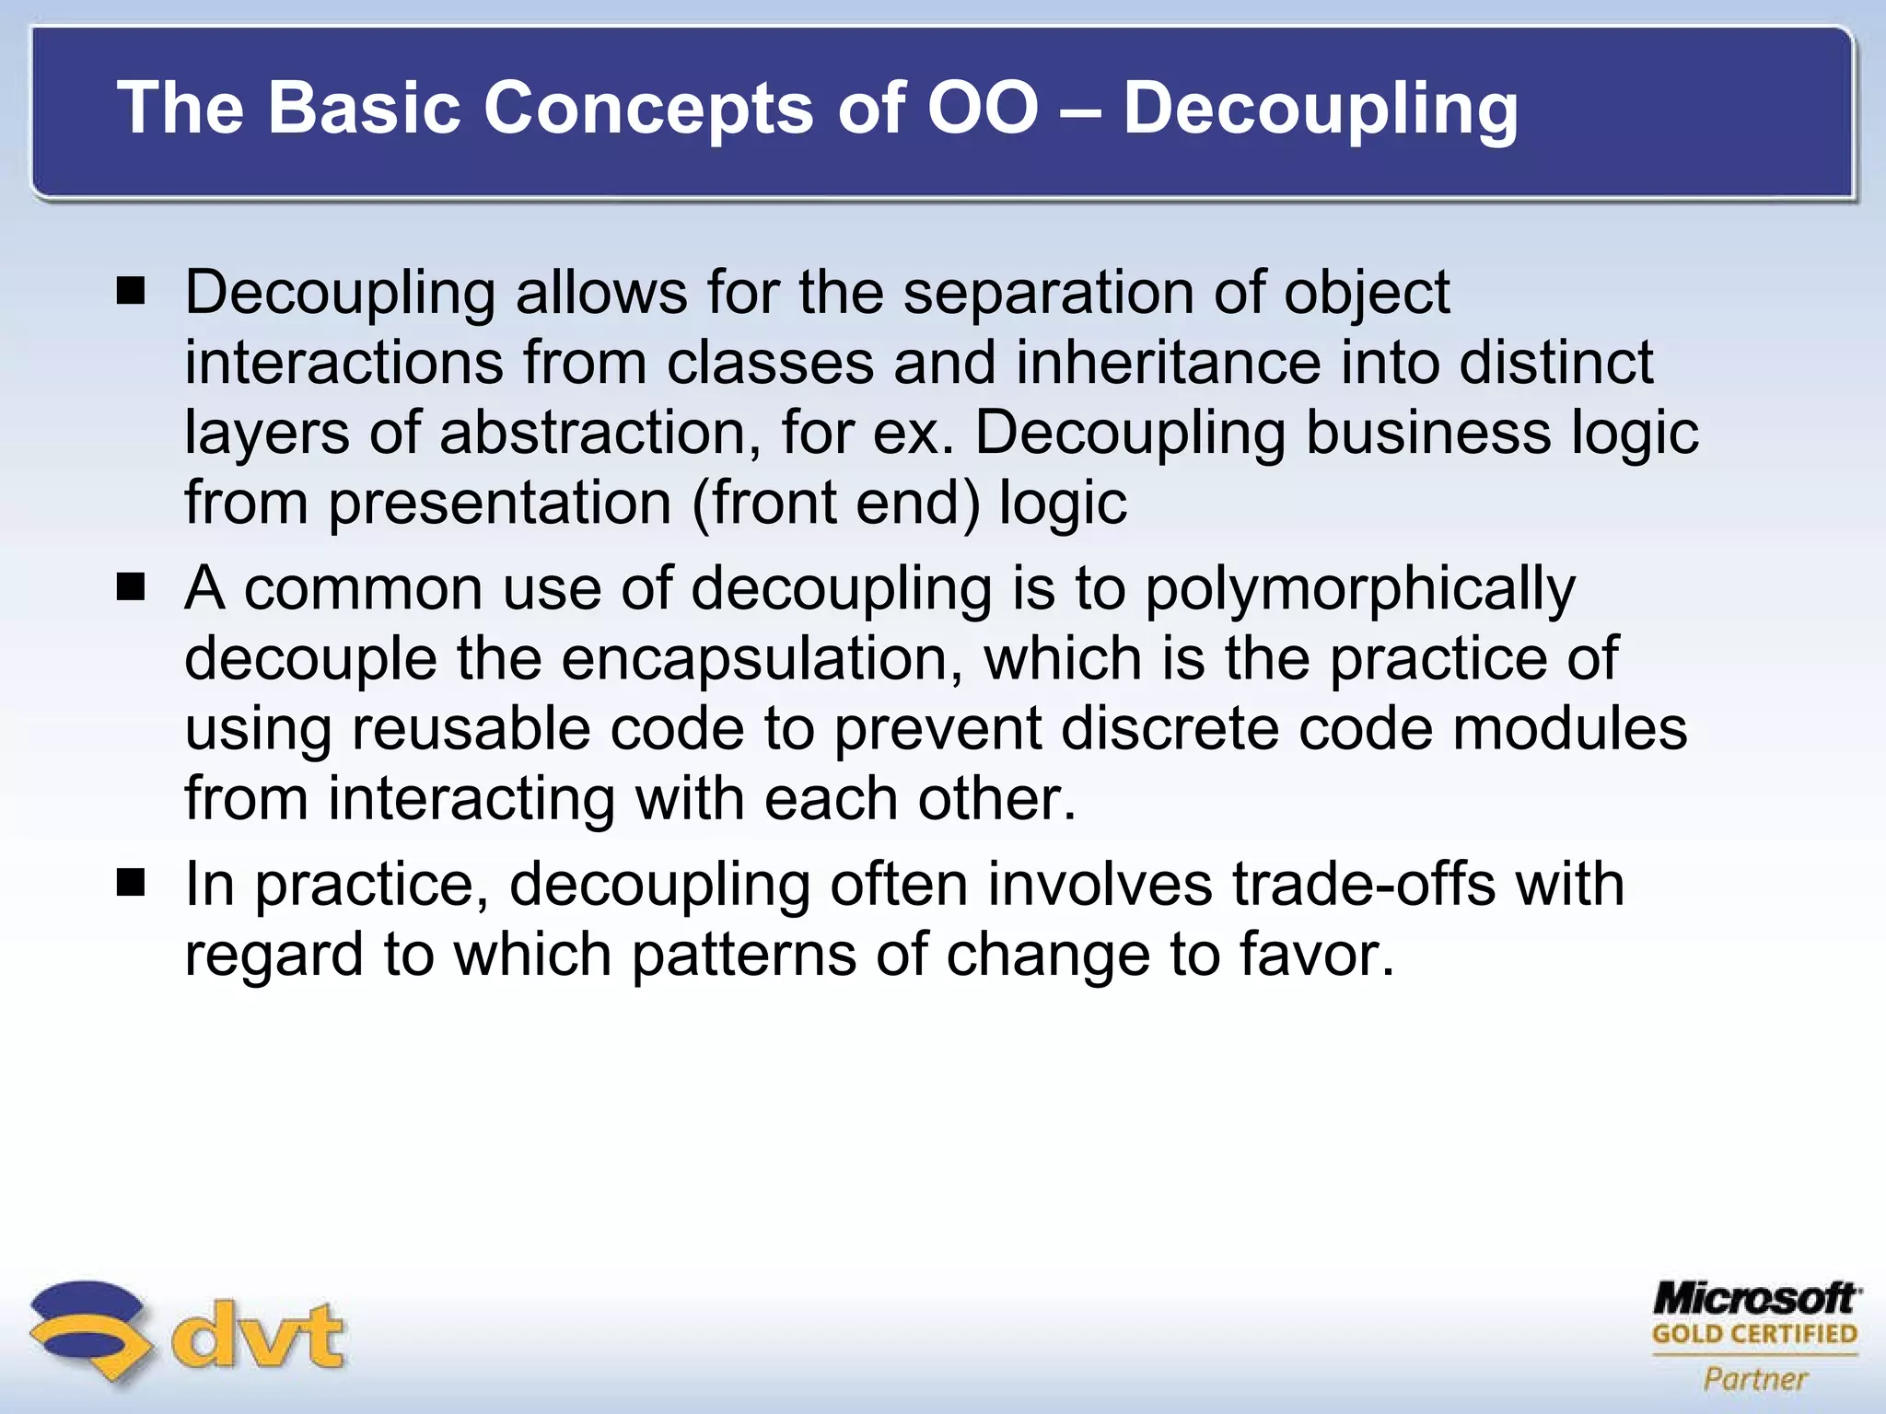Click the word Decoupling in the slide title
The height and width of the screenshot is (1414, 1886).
click(1320, 109)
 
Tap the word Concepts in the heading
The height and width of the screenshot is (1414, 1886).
click(648, 109)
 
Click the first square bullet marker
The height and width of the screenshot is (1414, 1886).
click(132, 292)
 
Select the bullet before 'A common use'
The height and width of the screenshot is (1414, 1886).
click(132, 587)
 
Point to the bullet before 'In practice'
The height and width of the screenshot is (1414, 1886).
click(132, 884)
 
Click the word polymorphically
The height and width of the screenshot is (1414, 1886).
click(1359, 589)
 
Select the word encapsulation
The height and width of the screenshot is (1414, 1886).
click(762, 658)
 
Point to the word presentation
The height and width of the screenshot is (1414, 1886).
click(500, 503)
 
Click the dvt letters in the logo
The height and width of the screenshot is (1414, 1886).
click(259, 1336)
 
